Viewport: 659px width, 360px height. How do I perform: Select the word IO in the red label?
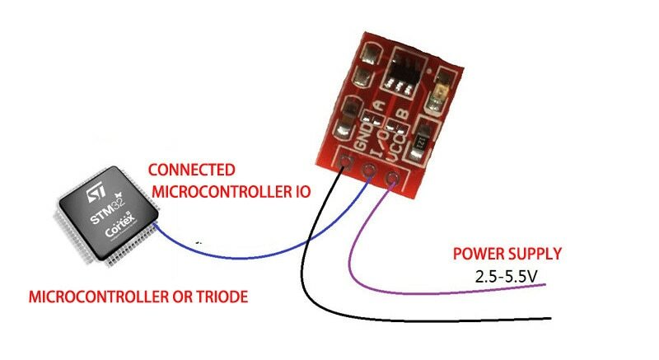297,193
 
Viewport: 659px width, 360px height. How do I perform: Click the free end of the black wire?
549,318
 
